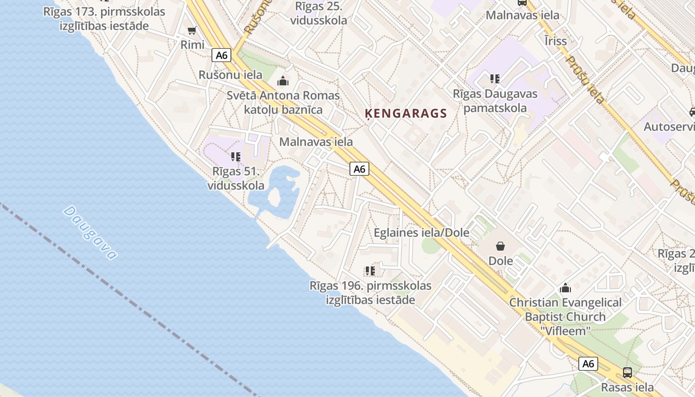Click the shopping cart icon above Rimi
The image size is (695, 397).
[x=192, y=31]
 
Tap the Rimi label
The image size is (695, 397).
[x=192, y=45]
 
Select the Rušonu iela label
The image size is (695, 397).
[x=230, y=75]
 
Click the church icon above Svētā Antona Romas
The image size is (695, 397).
[x=283, y=80]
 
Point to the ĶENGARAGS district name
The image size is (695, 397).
[x=406, y=114]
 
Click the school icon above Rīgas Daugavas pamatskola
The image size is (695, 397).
[x=494, y=78]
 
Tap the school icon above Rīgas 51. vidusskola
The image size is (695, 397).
[x=236, y=157]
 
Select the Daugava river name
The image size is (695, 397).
[x=91, y=233]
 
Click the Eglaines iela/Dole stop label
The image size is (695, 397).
[x=421, y=232]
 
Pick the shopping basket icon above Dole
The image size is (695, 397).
[x=500, y=246]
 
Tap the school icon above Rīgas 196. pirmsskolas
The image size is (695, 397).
[x=370, y=271]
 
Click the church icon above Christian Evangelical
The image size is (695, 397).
[x=565, y=288]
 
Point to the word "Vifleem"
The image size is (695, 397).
[x=565, y=331]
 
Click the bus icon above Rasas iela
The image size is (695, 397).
[x=627, y=372]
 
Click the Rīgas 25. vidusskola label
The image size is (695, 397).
[x=321, y=13]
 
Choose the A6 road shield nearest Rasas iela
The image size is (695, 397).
[x=588, y=364]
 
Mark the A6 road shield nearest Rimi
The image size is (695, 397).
[x=222, y=55]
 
